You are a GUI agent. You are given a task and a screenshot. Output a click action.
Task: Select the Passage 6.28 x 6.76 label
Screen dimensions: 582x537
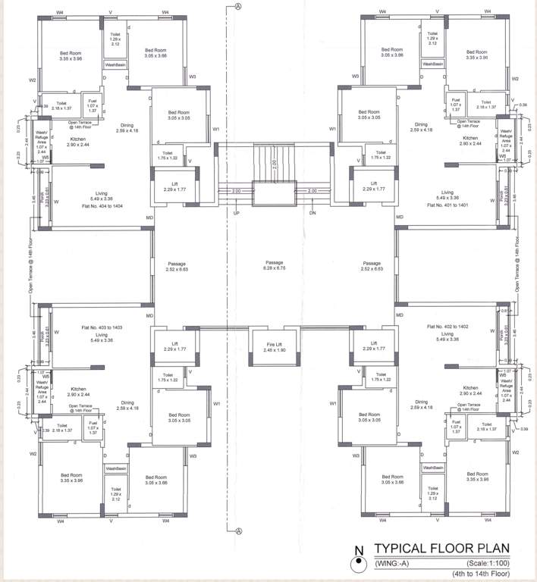268,264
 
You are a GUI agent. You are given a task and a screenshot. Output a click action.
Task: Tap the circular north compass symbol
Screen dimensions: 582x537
354,564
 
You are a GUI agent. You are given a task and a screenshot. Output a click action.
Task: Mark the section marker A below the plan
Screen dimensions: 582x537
237,531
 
